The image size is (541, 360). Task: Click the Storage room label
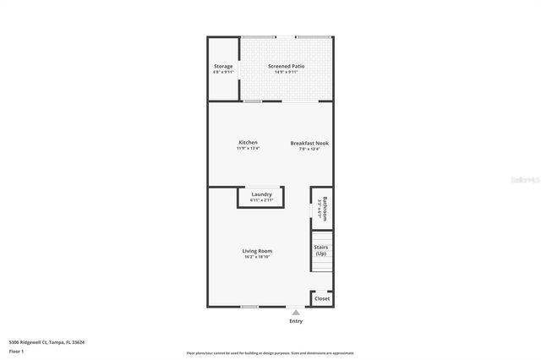223,66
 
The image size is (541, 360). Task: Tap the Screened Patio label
287,66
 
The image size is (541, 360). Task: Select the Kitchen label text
248,142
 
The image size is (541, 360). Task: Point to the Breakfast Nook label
309,143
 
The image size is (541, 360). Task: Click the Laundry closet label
261,194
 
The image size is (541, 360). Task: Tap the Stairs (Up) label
320,250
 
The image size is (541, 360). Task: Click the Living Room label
257,251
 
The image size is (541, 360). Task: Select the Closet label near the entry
322,298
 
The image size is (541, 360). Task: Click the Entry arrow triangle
296,312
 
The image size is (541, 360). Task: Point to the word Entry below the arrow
296,321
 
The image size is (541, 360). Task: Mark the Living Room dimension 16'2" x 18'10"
257,257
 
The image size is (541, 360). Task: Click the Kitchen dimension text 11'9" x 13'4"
248,149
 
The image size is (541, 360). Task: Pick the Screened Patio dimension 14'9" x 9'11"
287,72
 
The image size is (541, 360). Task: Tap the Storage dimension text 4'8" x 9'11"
223,72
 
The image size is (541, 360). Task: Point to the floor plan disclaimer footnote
270,353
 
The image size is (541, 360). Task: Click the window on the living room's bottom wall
249,307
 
